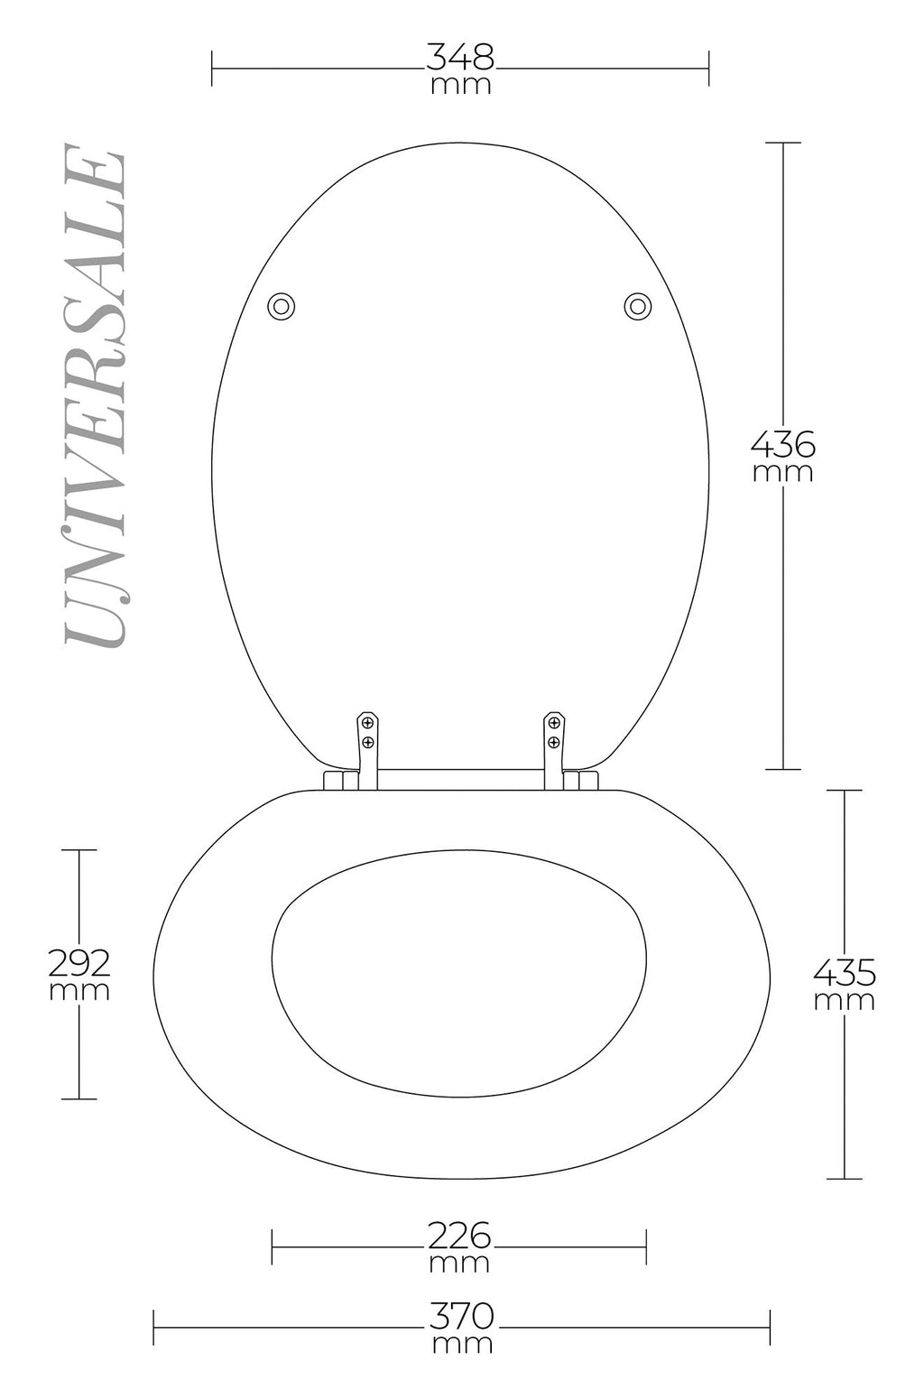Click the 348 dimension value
(x=460, y=57)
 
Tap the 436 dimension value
(x=783, y=445)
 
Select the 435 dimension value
(x=845, y=973)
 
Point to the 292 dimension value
(x=79, y=963)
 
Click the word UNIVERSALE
(x=96, y=395)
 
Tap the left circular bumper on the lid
(x=281, y=307)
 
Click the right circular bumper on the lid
(x=637, y=307)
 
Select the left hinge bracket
(x=367, y=749)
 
